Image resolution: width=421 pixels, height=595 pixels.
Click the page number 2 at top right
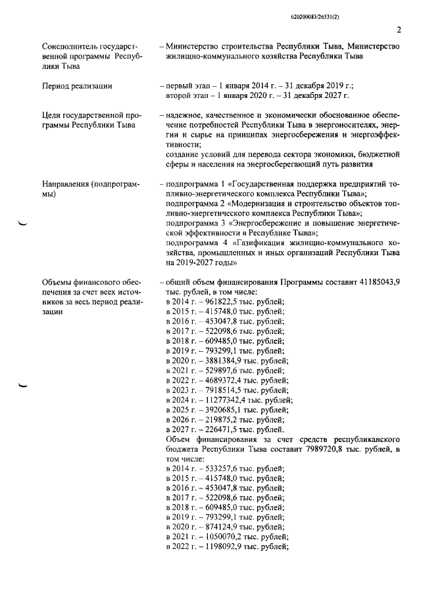tap(399, 28)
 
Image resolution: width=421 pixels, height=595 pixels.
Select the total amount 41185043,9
tap(378, 282)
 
